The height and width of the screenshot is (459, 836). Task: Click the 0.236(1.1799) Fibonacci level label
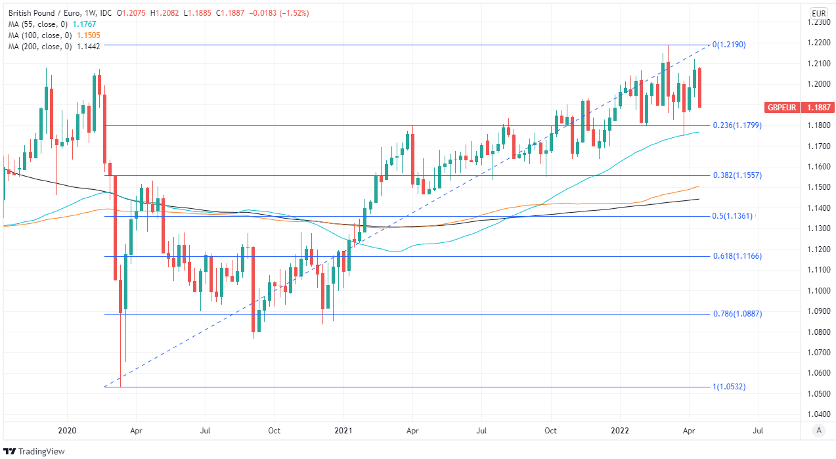coord(737,125)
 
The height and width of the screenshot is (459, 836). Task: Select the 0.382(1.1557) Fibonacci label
coord(737,175)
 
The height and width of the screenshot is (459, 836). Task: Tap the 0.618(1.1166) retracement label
coord(737,256)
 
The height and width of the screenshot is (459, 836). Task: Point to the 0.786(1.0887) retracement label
coord(737,314)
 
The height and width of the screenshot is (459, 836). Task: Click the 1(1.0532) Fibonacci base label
coord(729,387)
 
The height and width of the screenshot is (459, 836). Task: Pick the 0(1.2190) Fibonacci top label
coord(730,45)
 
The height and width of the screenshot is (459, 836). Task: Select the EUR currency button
coord(818,13)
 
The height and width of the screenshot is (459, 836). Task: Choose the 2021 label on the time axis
coord(342,431)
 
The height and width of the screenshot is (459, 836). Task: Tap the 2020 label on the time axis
coord(68,431)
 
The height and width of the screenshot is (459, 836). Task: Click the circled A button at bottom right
coord(818,430)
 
